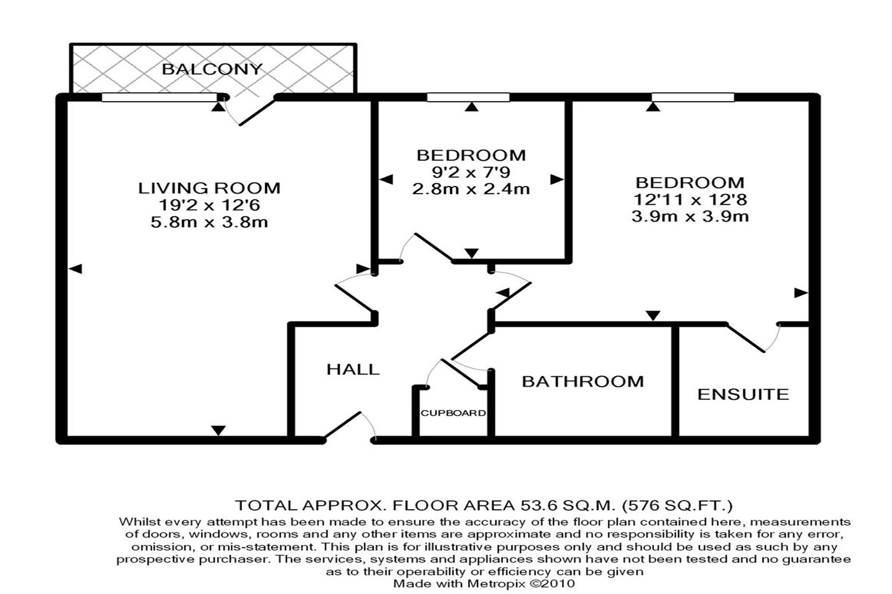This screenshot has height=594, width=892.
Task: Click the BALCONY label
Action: click(x=212, y=69)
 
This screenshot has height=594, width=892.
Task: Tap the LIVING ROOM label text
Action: click(x=209, y=188)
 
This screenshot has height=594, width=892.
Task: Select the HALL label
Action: click(x=353, y=369)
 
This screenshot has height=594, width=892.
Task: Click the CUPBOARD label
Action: click(x=453, y=413)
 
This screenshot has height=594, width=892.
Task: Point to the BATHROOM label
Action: click(x=583, y=381)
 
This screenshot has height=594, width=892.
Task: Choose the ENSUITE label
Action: click(x=743, y=394)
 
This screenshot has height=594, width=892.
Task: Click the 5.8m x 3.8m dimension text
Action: click(x=209, y=222)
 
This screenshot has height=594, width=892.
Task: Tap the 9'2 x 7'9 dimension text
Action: click(x=471, y=172)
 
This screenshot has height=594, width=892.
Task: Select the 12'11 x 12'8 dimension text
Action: click(x=690, y=200)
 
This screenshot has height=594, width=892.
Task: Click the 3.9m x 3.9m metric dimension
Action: click(x=690, y=216)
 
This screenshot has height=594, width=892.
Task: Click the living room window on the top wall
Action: click(x=160, y=97)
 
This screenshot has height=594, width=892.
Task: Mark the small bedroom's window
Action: click(x=469, y=97)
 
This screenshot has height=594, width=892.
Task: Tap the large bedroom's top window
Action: click(x=693, y=97)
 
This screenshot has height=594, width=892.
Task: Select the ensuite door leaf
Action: click(x=746, y=338)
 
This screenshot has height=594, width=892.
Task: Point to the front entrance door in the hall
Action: click(x=343, y=426)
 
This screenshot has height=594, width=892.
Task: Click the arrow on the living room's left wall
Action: click(x=76, y=269)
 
